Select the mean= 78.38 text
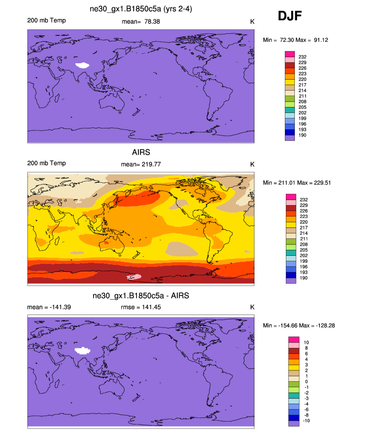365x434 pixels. pos(141,21)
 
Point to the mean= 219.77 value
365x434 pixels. pos(141,164)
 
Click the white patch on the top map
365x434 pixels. pos(82,65)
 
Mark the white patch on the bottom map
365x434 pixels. pos(83,350)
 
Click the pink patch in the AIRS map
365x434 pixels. pos(134,276)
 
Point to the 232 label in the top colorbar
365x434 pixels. pos(302,57)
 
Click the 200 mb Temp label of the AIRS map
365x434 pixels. pos(46,163)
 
